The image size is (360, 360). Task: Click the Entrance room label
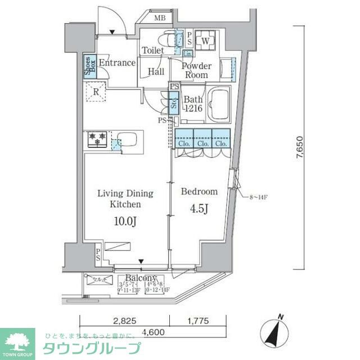117,63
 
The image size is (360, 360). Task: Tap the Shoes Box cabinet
88,67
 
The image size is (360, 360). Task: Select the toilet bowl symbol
166,39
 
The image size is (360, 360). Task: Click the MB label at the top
160,19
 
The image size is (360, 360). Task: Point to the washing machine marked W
205,40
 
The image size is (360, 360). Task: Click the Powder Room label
196,70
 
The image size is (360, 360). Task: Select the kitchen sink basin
128,138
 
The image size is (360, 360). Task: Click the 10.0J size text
125,222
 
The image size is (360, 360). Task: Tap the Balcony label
140,278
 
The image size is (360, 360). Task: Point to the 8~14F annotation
257,196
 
